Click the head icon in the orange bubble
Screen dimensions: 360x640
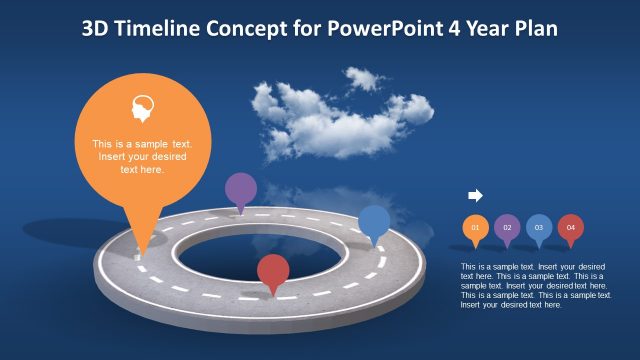(x=143, y=109)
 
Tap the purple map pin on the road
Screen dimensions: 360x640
(x=240, y=189)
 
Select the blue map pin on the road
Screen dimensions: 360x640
(x=374, y=222)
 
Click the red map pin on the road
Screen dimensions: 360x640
(x=272, y=271)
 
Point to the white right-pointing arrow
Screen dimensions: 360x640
(x=475, y=195)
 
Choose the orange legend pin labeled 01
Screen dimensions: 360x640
(x=475, y=228)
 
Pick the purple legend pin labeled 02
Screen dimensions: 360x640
(x=507, y=228)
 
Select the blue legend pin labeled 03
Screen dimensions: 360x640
(x=539, y=228)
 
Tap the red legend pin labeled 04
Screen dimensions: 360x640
(x=571, y=228)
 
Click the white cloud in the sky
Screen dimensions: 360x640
(x=335, y=115)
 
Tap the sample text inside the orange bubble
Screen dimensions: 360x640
(x=143, y=156)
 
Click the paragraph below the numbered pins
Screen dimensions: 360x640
(x=536, y=285)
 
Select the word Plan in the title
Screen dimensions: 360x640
(x=536, y=29)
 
